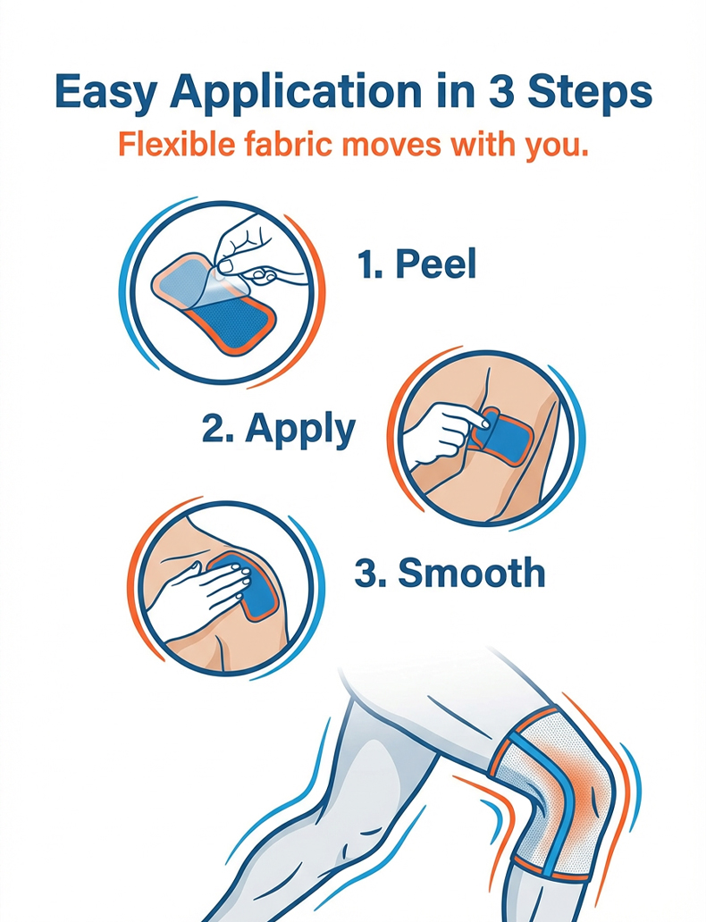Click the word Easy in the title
[x=105, y=93]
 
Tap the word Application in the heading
[x=295, y=93]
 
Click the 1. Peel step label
[x=416, y=264]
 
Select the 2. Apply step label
[x=278, y=429]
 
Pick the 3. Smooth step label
[x=450, y=572]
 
